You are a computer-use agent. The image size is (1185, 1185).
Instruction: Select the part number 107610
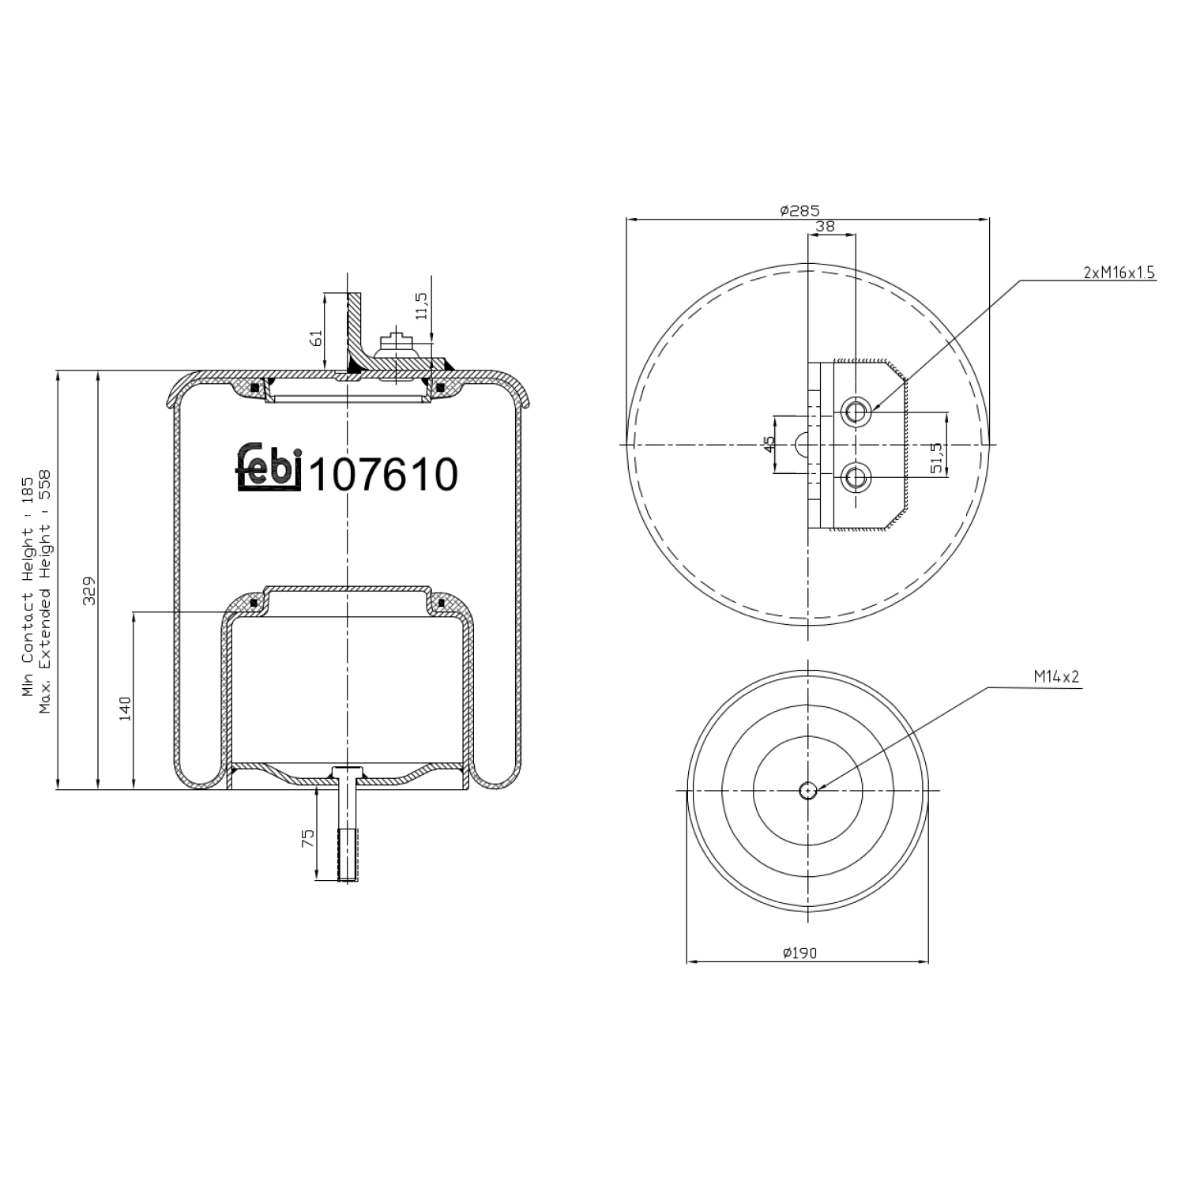point(384,475)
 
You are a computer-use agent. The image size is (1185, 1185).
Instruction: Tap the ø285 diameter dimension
point(799,210)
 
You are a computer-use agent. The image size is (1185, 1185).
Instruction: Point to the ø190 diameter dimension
point(799,953)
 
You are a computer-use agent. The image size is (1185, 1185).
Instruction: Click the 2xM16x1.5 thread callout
point(1119,273)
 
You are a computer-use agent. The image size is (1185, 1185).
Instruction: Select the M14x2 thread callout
point(1056,677)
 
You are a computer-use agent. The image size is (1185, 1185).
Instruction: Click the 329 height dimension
point(89,590)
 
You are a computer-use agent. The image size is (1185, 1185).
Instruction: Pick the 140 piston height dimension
point(125,708)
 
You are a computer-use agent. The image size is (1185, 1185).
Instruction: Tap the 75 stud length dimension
point(308,837)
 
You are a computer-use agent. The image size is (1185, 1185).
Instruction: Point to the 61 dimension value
point(316,337)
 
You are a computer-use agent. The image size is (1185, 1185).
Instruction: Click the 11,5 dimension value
point(421,306)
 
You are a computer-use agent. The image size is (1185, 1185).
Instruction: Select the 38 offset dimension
point(825,226)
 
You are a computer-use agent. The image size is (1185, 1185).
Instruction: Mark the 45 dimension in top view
point(770,445)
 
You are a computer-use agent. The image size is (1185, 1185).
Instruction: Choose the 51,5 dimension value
point(937,458)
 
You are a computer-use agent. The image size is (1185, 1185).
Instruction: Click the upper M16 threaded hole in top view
point(856,412)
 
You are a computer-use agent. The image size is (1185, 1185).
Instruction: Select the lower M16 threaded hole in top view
point(856,478)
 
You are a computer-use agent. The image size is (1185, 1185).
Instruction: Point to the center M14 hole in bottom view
point(807,790)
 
